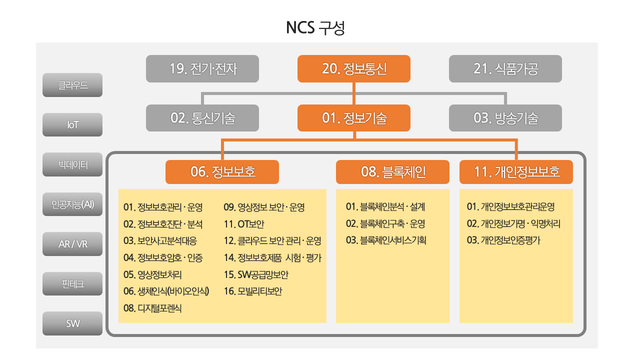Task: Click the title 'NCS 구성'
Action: (315, 27)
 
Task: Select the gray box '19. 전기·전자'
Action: (202, 69)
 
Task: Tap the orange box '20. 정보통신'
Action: (353, 69)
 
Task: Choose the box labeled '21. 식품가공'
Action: (505, 69)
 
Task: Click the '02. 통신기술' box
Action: (202, 118)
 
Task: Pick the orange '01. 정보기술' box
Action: (353, 118)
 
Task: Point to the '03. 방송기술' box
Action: (505, 118)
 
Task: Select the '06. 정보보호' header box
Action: (222, 172)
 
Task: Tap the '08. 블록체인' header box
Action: (392, 172)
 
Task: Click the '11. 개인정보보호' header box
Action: (516, 172)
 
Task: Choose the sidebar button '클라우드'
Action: (72, 85)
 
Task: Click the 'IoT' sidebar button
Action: (72, 125)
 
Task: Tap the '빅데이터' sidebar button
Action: (72, 164)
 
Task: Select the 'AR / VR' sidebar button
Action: (72, 244)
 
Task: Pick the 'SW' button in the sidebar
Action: (72, 323)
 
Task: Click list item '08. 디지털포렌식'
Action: (152, 308)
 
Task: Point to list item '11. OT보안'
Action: (244, 224)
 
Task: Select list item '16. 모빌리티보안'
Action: (253, 291)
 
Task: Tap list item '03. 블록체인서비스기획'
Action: (386, 240)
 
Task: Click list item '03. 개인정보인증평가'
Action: (503, 240)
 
